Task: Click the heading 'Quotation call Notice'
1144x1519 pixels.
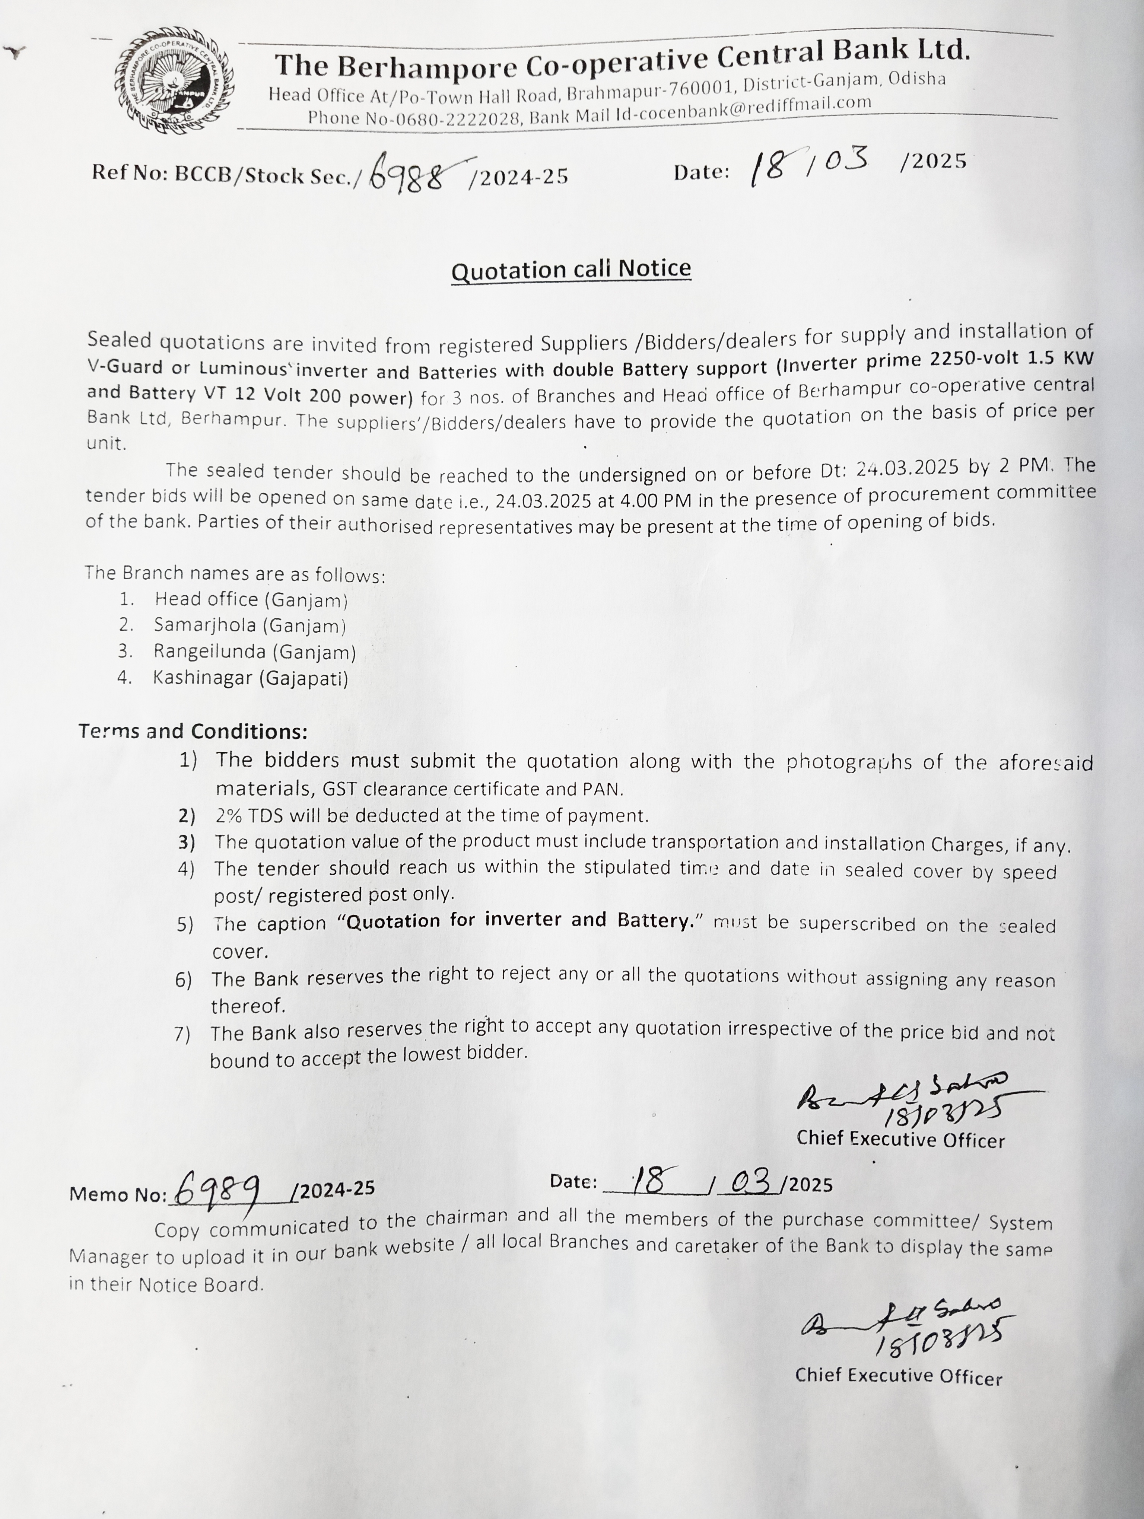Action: [571, 269]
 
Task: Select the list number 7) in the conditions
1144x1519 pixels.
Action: [182, 1034]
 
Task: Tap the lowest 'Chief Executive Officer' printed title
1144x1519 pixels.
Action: [898, 1376]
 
